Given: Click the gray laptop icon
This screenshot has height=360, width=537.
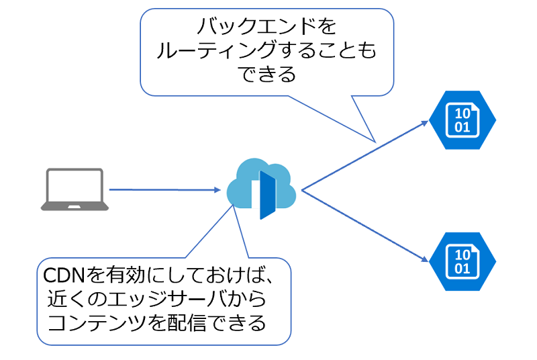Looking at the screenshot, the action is pyautogui.click(x=75, y=189).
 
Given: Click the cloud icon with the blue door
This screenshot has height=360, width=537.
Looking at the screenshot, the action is pyautogui.click(x=261, y=188).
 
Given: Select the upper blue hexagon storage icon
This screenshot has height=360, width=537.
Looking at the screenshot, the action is pyautogui.click(x=462, y=120).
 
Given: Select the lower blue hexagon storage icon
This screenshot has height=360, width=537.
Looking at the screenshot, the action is pyautogui.click(x=462, y=261).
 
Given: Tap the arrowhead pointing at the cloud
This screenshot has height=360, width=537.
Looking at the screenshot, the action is pyautogui.click(x=217, y=190).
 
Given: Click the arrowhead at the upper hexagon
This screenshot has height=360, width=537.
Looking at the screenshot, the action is pyautogui.click(x=425, y=124).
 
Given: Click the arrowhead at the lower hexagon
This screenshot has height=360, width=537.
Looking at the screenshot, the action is pyautogui.click(x=425, y=259).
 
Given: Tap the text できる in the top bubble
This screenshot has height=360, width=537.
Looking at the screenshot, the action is pyautogui.click(x=266, y=75).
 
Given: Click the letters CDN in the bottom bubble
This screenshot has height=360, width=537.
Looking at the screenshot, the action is pyautogui.click(x=64, y=275).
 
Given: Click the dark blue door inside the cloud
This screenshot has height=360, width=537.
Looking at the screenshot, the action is pyautogui.click(x=267, y=195).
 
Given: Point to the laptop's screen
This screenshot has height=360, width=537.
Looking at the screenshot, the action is pyautogui.click(x=75, y=185).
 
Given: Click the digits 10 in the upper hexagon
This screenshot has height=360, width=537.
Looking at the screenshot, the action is pyautogui.click(x=462, y=114).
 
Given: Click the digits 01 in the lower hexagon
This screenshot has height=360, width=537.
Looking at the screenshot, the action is pyautogui.click(x=462, y=269).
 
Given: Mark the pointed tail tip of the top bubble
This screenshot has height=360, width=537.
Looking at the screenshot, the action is pyautogui.click(x=375, y=142).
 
